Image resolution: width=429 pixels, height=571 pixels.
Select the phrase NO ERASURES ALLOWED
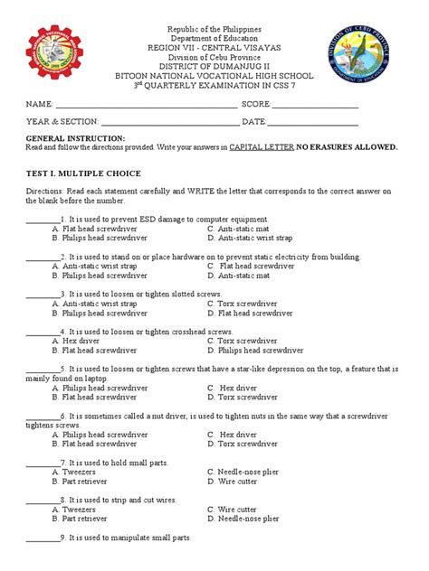(348, 146)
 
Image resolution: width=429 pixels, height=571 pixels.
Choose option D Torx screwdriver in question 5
(242, 397)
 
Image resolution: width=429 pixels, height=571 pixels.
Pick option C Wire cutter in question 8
(238, 510)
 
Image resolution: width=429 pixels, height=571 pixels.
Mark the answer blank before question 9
(42, 538)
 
